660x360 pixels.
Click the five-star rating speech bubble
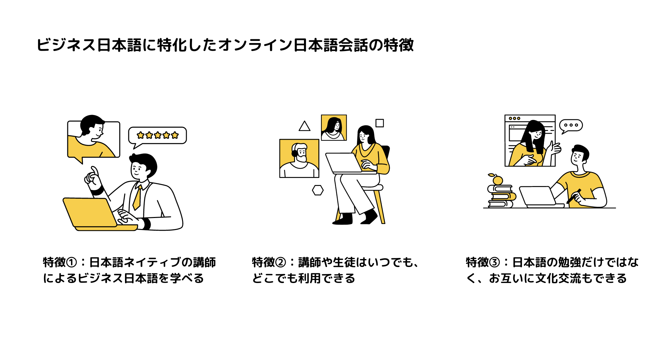pyautogui.click(x=157, y=135)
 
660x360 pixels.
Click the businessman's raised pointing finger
pyautogui.click(x=94, y=171)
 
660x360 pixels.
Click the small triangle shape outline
pyautogui.click(x=304, y=126)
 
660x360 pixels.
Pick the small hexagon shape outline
pyautogui.click(x=318, y=190)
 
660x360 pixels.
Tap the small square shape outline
pyautogui.click(x=380, y=123)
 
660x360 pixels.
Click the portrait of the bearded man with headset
pyautogui.click(x=299, y=158)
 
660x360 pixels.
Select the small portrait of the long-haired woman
pyautogui.click(x=334, y=128)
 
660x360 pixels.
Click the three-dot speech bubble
pyautogui.click(x=571, y=126)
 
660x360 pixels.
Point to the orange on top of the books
pyautogui.click(x=497, y=180)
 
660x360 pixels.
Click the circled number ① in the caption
pyautogui.click(x=72, y=262)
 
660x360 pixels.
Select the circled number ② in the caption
pyautogui.click(x=281, y=262)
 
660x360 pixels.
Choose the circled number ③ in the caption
pyautogui.click(x=495, y=262)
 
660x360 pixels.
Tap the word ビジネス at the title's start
pyautogui.click(x=66, y=45)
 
